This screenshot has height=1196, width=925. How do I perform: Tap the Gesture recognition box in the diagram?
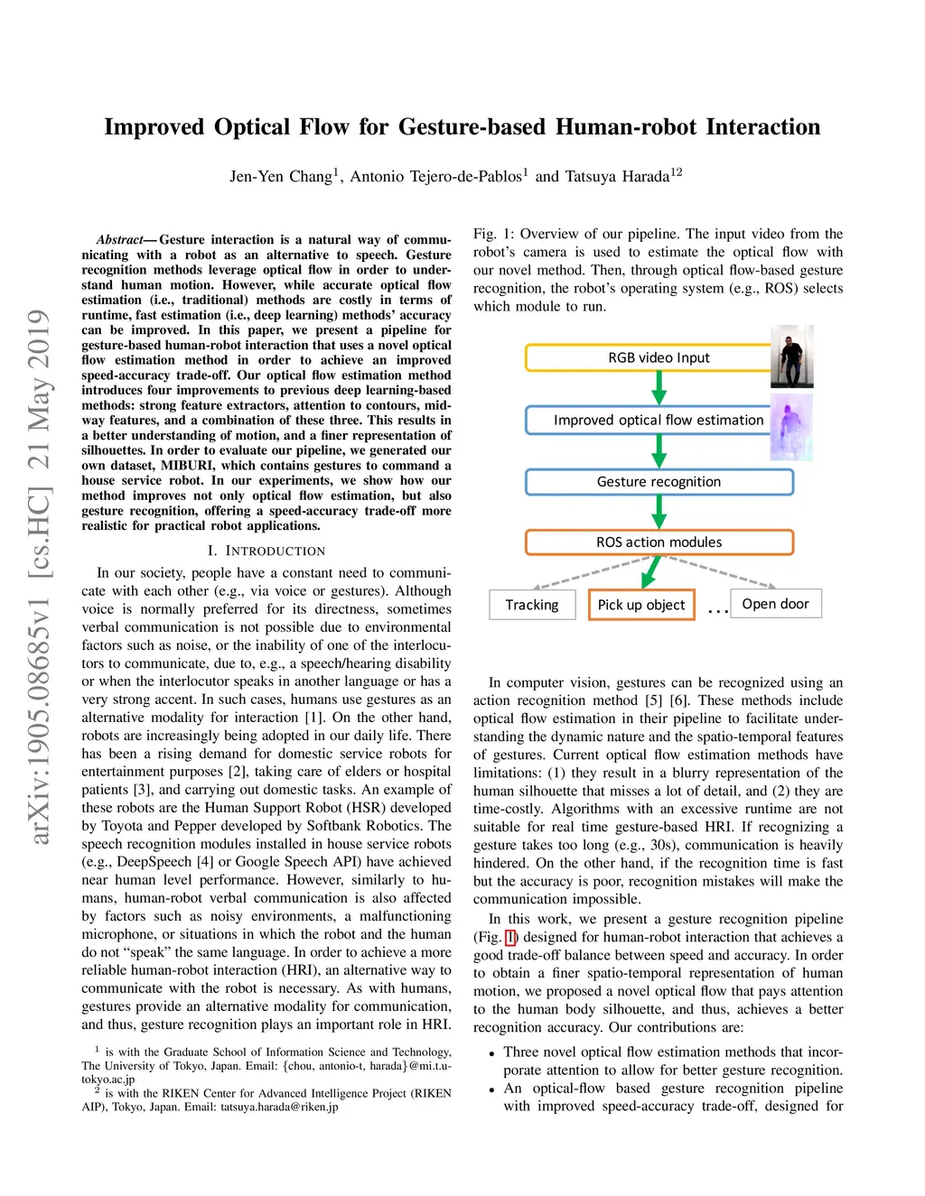tap(659, 482)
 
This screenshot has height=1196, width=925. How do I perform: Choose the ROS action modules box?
tap(659, 542)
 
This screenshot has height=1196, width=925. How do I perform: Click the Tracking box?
tap(532, 605)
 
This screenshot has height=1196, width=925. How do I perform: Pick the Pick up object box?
tap(641, 605)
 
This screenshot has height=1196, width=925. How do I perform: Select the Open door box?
tap(775, 604)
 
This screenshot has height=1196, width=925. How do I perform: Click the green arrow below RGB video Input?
tap(659, 387)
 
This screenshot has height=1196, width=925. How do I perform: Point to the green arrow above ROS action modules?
tap(659, 512)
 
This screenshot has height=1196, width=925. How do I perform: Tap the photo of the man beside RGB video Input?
tap(792, 357)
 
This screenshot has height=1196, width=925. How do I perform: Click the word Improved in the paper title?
tap(154, 127)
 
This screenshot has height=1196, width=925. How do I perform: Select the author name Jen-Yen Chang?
tap(281, 176)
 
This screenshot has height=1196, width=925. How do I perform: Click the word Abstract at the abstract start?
tap(120, 240)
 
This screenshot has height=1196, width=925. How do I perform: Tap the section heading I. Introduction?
tap(266, 551)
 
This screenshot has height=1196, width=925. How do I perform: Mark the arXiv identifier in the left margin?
tap(39, 578)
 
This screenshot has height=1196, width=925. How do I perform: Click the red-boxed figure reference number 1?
tap(510, 937)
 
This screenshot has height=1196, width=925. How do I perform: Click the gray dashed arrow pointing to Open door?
tap(723, 571)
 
